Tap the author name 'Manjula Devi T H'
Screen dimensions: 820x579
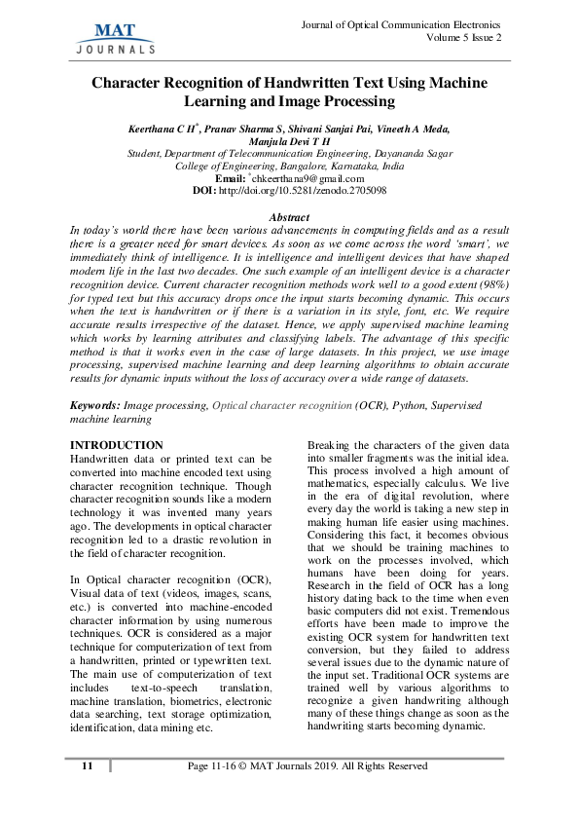pos(289,140)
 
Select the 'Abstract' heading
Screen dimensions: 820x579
pos(289,217)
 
